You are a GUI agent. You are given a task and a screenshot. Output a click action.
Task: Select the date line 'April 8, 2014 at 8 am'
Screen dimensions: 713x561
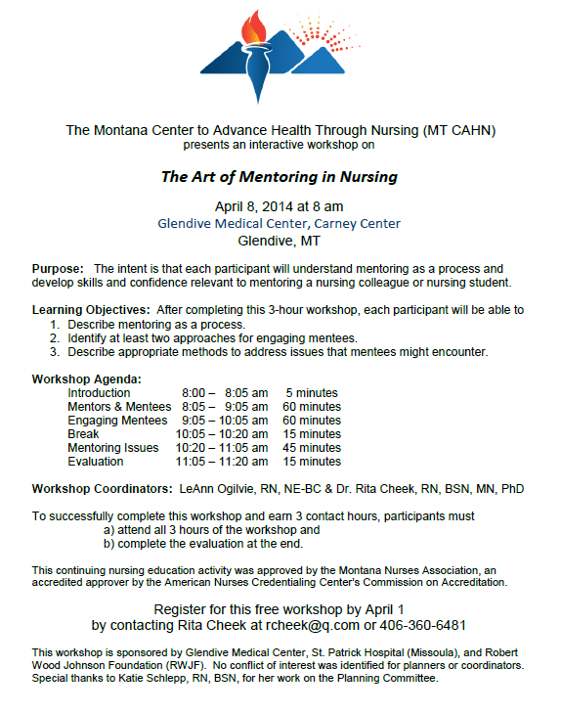coord(280,206)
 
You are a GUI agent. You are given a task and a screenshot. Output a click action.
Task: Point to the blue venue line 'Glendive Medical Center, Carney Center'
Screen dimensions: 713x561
coord(280,223)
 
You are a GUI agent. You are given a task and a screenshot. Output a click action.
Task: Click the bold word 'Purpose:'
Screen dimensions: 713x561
coord(58,268)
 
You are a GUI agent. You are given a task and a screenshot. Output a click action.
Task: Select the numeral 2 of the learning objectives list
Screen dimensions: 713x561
coord(57,337)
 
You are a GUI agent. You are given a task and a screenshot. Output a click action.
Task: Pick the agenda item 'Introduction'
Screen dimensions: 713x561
coord(99,392)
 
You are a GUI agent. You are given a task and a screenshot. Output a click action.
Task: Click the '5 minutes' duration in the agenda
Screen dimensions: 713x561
coord(314,392)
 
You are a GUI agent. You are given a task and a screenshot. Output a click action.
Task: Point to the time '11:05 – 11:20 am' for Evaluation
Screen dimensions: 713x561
coord(222,461)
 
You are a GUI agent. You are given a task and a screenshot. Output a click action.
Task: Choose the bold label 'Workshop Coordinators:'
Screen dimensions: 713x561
coord(100,488)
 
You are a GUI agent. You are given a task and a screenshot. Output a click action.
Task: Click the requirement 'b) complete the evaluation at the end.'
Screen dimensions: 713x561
coord(203,543)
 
